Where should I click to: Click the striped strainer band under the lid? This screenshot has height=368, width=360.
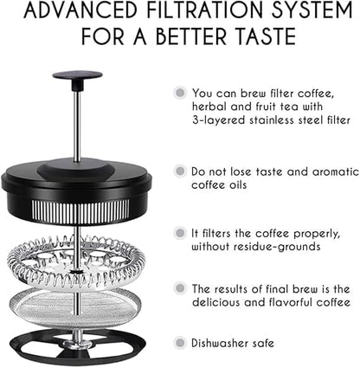pyautogui.click(x=80, y=212)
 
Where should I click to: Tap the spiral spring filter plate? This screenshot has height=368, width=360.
pyautogui.click(x=75, y=261)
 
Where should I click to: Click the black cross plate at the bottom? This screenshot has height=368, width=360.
pyautogui.click(x=77, y=347)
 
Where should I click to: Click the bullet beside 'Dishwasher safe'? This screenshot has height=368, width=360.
pyautogui.click(x=180, y=343)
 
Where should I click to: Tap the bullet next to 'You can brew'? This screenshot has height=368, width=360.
pyautogui.click(x=180, y=93)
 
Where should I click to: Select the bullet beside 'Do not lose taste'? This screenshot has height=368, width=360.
pyautogui.click(x=180, y=171)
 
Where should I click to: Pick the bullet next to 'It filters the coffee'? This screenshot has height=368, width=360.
pyautogui.click(x=180, y=233)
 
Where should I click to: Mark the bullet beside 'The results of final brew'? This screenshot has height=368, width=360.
pyautogui.click(x=180, y=288)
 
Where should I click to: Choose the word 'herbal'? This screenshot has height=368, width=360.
pyautogui.click(x=209, y=107)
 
